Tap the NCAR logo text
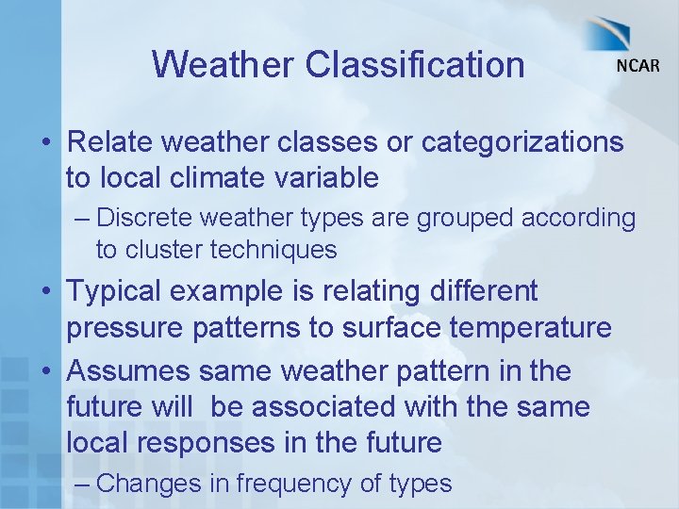click(x=638, y=65)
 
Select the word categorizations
click(x=522, y=142)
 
